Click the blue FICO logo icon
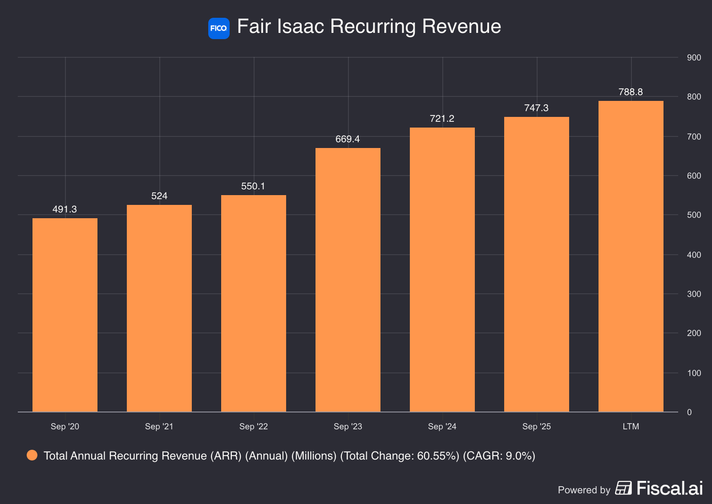coord(218,28)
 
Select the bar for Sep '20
coord(65,315)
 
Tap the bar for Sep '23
coord(348,280)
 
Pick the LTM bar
coord(631,256)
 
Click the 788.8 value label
coord(631,92)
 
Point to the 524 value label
coord(159,196)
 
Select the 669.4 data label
coord(348,139)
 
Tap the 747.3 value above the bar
coord(536,108)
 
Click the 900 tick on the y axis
coord(694,57)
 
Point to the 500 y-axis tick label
coord(694,215)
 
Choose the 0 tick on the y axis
coord(689,412)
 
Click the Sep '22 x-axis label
coord(253,426)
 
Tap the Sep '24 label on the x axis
coord(442,426)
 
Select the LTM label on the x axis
coord(631,426)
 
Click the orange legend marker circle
coord(32,455)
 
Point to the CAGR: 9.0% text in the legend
coord(499,456)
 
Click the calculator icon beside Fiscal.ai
coord(623,488)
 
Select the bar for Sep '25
coord(537,264)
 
